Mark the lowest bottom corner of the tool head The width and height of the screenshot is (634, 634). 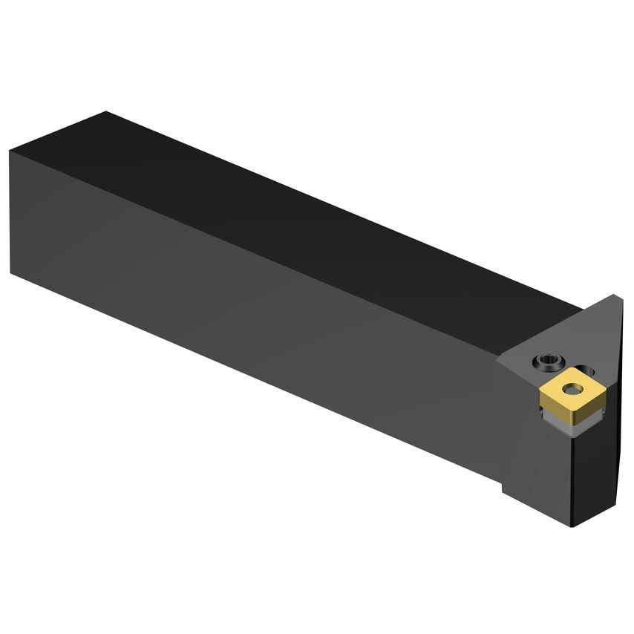pos(571,526)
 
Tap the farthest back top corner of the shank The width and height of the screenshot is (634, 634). pos(106,112)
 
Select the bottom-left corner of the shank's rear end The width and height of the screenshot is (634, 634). pos(10,272)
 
